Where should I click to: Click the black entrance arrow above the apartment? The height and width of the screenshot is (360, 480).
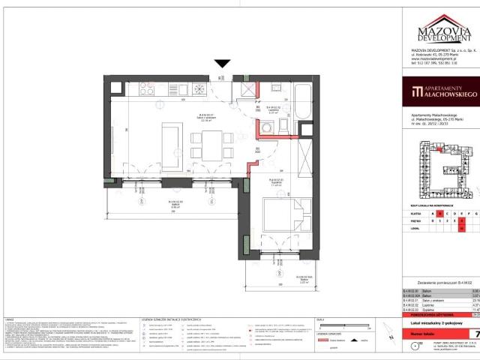pyautogui.click(x=222, y=65)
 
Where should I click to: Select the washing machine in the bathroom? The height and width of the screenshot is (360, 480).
pyautogui.click(x=244, y=88)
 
